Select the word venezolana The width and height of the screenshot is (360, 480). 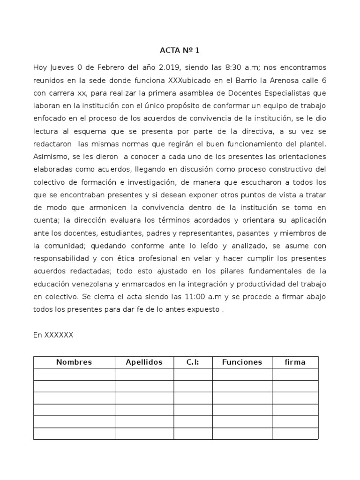pyautogui.click(x=88, y=284)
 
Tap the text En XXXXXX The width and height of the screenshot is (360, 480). pyautogui.click(x=53, y=335)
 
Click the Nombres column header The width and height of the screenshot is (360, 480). pyautogui.click(x=74, y=362)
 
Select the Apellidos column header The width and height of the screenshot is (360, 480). pyautogui.click(x=144, y=362)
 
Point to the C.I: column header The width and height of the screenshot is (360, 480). pyautogui.click(x=193, y=362)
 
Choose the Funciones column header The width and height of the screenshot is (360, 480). pyautogui.click(x=242, y=362)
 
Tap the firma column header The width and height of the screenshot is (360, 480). pyautogui.click(x=295, y=362)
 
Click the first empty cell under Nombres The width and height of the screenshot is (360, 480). pyautogui.click(x=74, y=374)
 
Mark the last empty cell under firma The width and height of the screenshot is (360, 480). pyautogui.click(x=295, y=434)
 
